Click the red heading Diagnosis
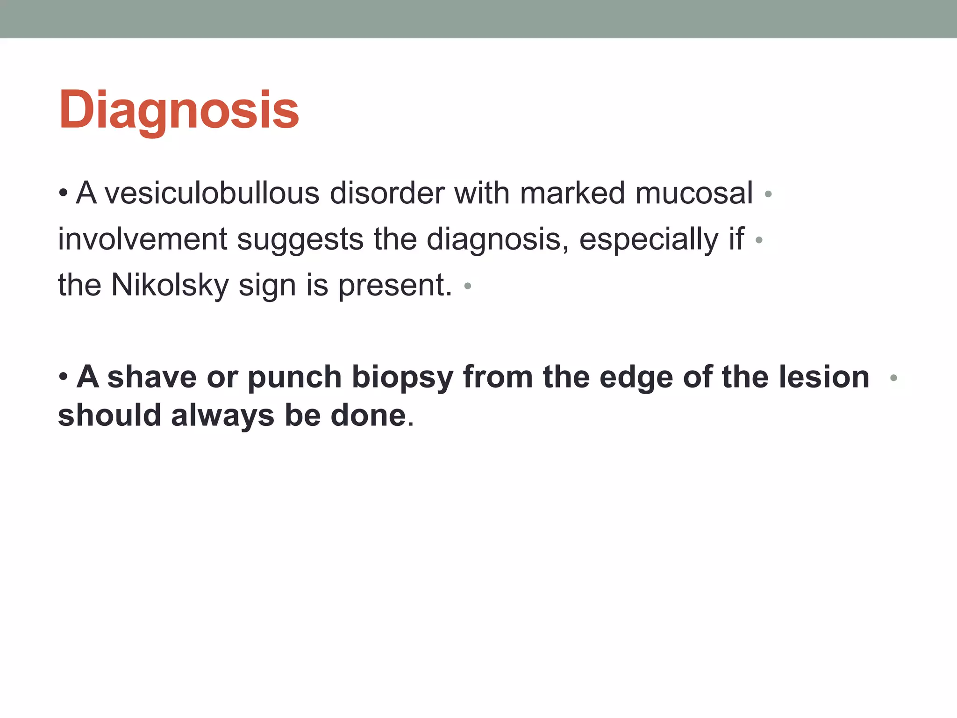click(179, 110)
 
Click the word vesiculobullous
click(212, 193)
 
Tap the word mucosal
click(693, 193)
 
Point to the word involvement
click(142, 239)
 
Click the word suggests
click(300, 240)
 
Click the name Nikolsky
click(170, 285)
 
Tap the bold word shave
click(152, 377)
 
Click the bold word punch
click(294, 378)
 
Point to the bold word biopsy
click(402, 378)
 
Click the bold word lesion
click(823, 377)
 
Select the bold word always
click(222, 416)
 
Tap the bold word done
click(368, 416)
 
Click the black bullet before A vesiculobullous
click(64, 193)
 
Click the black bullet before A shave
click(64, 377)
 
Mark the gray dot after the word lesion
click(893, 378)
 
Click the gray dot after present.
click(467, 286)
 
